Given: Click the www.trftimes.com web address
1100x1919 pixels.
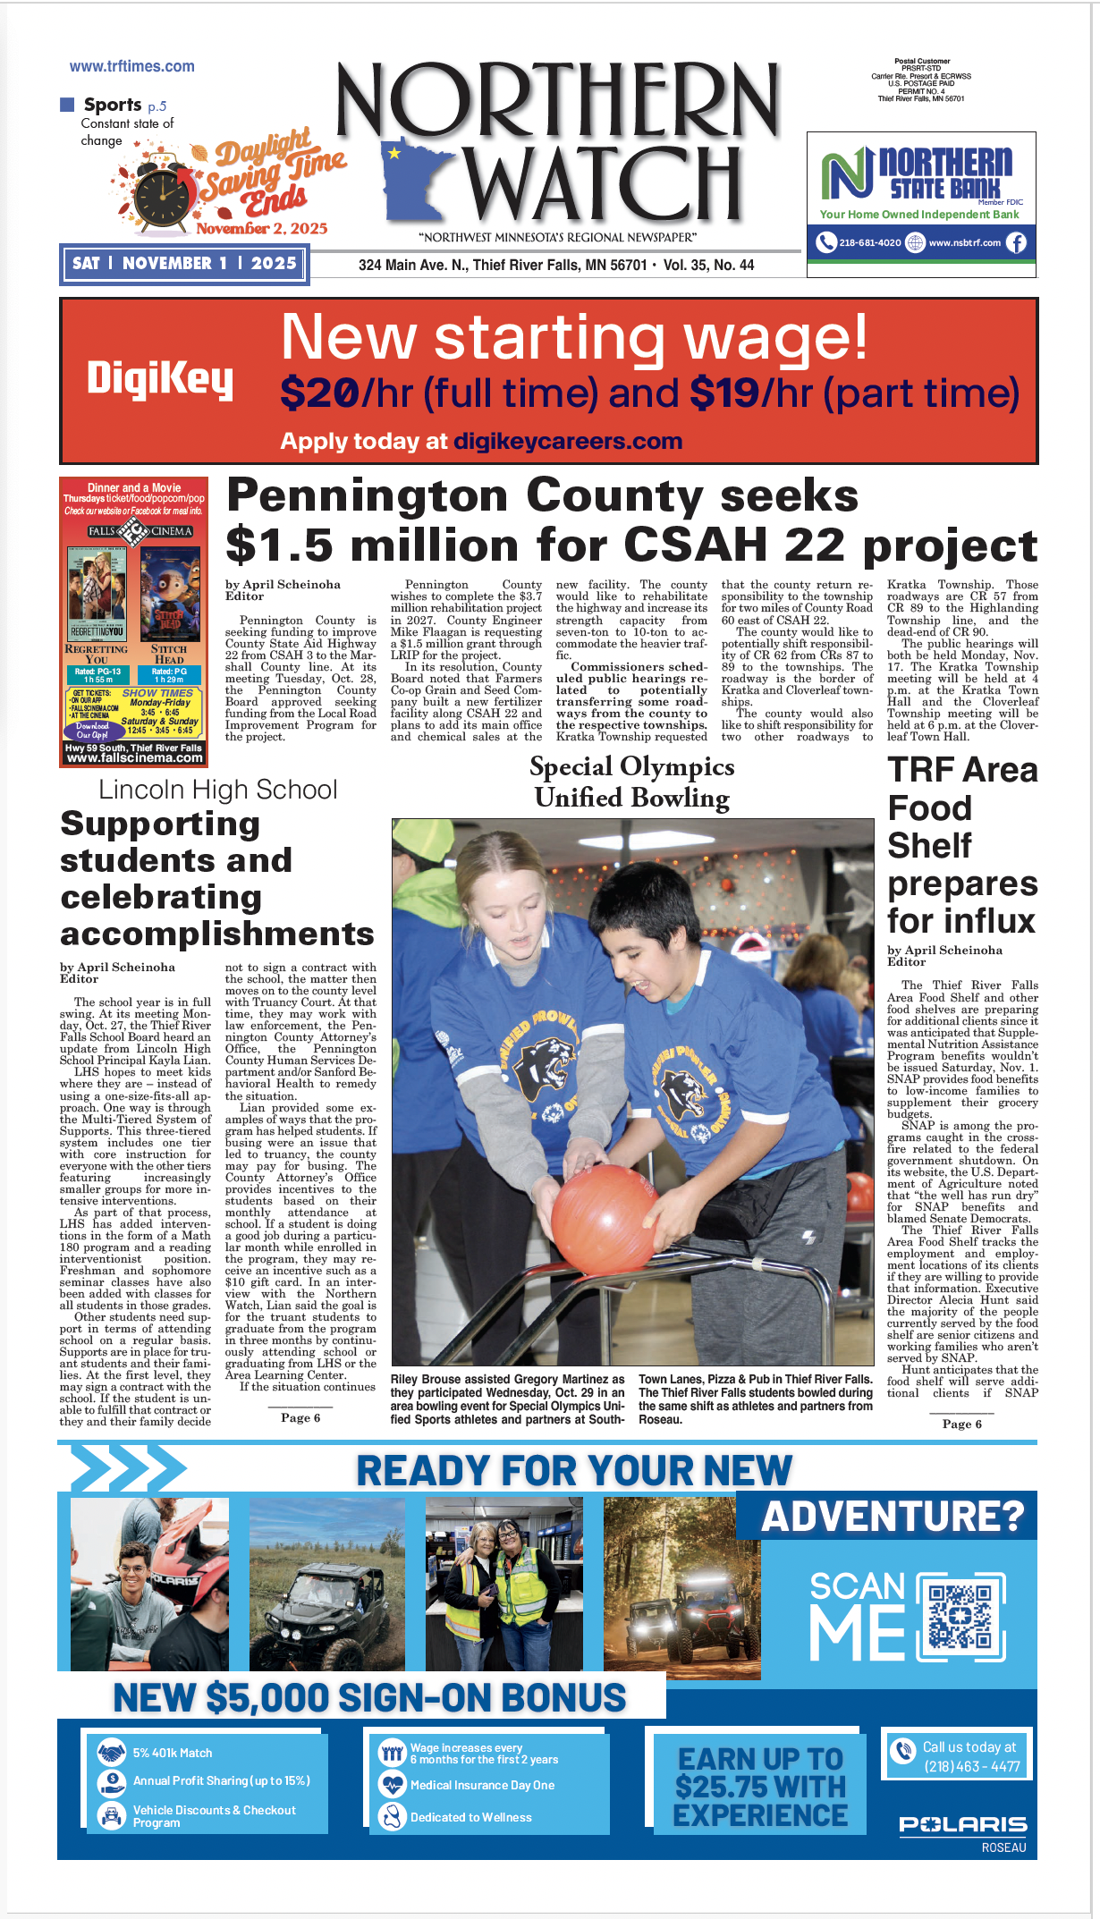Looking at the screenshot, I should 131,66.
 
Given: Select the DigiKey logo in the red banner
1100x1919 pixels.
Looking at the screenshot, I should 159,379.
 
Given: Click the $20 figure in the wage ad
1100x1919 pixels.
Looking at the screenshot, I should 319,393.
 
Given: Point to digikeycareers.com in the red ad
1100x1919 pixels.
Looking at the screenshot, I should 567,441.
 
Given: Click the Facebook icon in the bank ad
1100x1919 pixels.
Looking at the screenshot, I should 1016,242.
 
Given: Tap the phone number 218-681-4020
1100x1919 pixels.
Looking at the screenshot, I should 869,242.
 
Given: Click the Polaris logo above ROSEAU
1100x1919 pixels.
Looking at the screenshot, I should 962,1824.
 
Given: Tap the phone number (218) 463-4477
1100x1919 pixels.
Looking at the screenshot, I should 971,1766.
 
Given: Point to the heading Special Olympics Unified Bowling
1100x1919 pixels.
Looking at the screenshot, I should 631,782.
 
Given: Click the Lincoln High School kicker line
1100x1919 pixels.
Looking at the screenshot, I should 217,790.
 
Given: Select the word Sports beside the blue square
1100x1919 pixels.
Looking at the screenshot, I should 113,105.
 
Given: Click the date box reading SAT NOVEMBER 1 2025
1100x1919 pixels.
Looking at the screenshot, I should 184,264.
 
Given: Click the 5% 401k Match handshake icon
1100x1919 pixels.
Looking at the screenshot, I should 112,1753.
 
